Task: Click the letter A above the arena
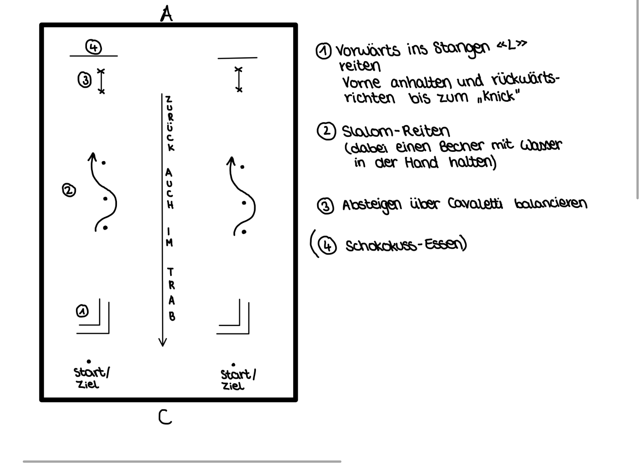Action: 166,14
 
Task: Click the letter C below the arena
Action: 165,417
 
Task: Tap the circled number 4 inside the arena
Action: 93,47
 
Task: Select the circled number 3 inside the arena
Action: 85,80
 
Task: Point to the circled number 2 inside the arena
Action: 69,190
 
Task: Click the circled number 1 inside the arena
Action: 82,311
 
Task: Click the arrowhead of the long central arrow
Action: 163,342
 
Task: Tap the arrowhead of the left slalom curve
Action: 92,156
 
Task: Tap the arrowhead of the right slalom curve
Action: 231,160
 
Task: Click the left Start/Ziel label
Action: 91,378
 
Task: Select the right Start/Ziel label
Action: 237,380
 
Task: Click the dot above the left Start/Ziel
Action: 89,361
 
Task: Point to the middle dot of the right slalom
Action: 244,203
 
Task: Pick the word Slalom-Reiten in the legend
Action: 396,131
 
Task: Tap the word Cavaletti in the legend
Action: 475,204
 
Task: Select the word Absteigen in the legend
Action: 371,205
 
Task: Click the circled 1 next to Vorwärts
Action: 324,51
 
